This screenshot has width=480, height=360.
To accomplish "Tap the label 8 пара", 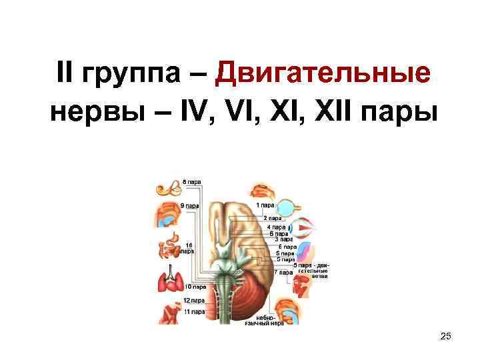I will coord(191,181).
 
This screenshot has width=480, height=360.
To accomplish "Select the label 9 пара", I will coord(189,205).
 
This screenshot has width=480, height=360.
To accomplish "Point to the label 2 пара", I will coord(272,218).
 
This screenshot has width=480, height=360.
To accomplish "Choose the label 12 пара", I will coord(194,301).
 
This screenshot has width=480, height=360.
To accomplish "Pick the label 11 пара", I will coord(194,312).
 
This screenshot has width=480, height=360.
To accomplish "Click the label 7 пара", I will coord(285,272).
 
